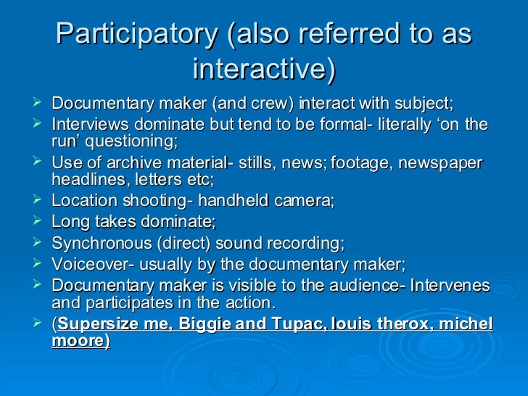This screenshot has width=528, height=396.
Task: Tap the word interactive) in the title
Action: pos(264,69)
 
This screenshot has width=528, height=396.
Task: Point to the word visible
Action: pos(246,286)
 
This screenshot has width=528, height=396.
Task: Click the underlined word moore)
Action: pos(81,339)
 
